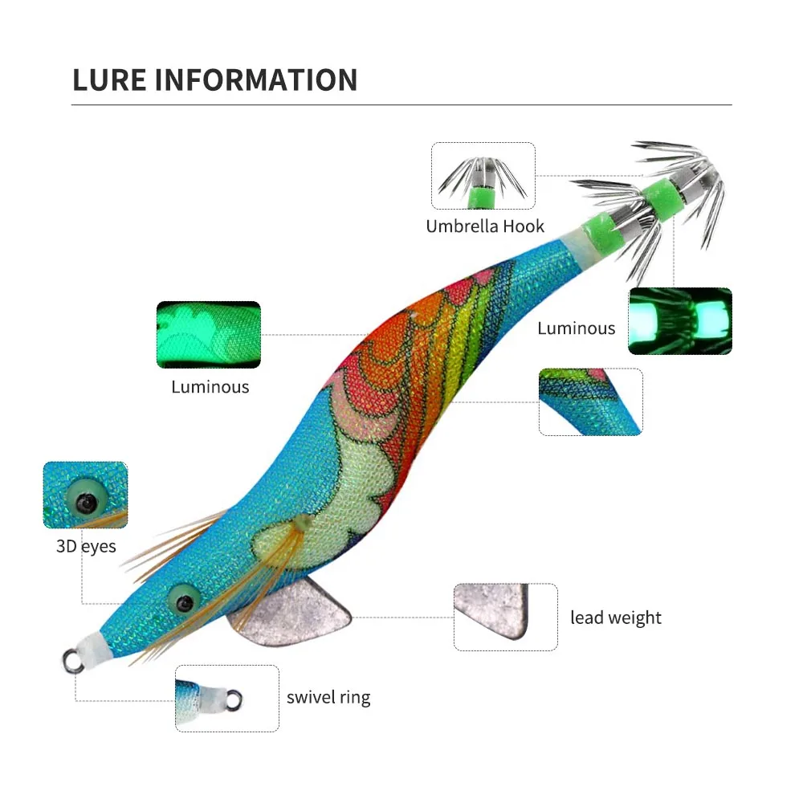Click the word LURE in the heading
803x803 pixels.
tap(109, 80)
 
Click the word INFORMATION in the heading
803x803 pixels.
tap(255, 80)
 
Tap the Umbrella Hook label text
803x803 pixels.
tap(485, 226)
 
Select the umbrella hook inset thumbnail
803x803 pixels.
tap(483, 176)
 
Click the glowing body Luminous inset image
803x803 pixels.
tap(209, 334)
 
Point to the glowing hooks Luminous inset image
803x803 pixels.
tap(680, 321)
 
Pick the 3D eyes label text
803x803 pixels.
tap(86, 546)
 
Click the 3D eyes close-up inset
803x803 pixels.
tap(86, 495)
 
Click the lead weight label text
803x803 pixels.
tap(616, 618)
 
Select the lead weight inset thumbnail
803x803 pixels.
tap(505, 617)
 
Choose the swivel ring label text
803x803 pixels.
tap(328, 698)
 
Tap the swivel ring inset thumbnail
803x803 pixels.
tap(227, 699)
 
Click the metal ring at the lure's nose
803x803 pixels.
tap(73, 661)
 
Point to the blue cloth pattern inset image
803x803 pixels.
tap(590, 402)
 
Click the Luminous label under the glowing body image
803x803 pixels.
tap(210, 387)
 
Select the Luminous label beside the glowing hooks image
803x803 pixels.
tap(576, 328)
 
